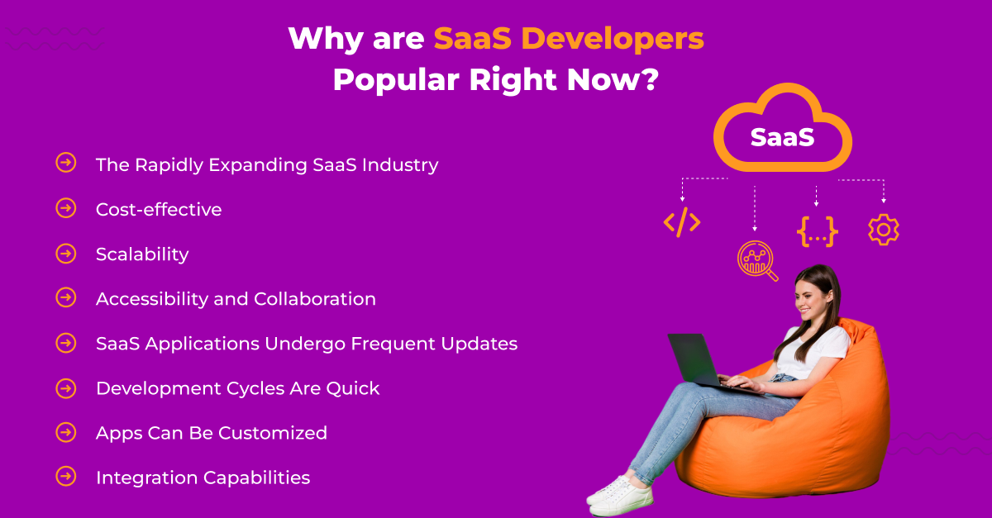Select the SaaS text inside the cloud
point(782,137)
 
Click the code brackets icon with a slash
point(682,222)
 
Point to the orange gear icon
point(883,229)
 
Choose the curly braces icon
point(817,230)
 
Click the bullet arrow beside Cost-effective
point(66,208)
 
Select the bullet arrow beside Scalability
point(66,253)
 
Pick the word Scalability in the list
point(142,254)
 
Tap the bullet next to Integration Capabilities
point(66,476)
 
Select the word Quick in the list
point(354,387)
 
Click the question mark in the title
point(650,80)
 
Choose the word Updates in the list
point(483,343)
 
